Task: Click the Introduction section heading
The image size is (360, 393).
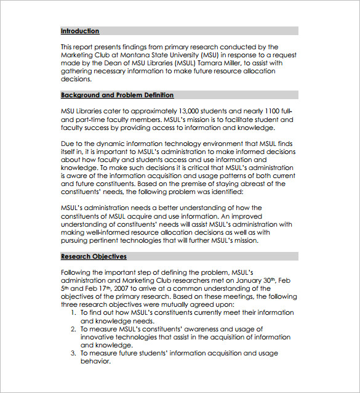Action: click(80, 31)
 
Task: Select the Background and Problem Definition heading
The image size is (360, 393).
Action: click(117, 95)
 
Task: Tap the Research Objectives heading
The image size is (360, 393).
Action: click(94, 256)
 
